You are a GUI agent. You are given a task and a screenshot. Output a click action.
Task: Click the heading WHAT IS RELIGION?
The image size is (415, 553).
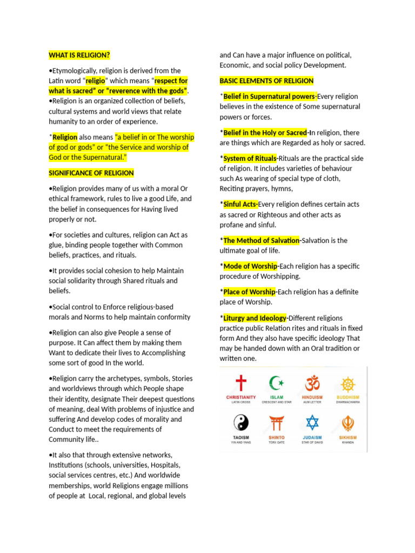[x=79, y=55]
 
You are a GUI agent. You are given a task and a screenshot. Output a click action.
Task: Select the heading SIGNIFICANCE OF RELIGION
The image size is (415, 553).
[x=91, y=173]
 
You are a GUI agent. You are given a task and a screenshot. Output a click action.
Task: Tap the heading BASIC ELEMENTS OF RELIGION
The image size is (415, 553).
[x=266, y=81]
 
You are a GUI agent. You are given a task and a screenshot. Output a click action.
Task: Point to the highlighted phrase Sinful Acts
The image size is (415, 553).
[x=240, y=205]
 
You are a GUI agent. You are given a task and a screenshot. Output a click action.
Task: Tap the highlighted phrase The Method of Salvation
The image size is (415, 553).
[x=261, y=240]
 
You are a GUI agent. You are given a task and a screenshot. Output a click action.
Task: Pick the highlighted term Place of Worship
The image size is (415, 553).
[x=249, y=292]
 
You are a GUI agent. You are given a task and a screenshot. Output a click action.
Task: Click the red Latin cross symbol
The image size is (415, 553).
[x=241, y=384]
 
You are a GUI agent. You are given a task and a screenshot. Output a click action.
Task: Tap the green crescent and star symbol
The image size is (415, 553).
[x=277, y=384]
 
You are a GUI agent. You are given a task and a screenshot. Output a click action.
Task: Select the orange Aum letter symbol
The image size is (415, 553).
[x=312, y=383]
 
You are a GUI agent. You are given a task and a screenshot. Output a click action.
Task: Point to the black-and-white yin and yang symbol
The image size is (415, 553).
[x=241, y=422]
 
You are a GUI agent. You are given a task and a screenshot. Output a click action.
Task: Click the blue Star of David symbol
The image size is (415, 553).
[x=312, y=422]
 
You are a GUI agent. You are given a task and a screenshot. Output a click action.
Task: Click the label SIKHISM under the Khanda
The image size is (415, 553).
[x=348, y=437]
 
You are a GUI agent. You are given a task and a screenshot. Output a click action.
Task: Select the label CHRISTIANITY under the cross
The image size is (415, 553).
[x=241, y=397]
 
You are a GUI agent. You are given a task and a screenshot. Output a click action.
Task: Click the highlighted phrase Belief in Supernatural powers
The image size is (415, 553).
[x=269, y=97]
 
